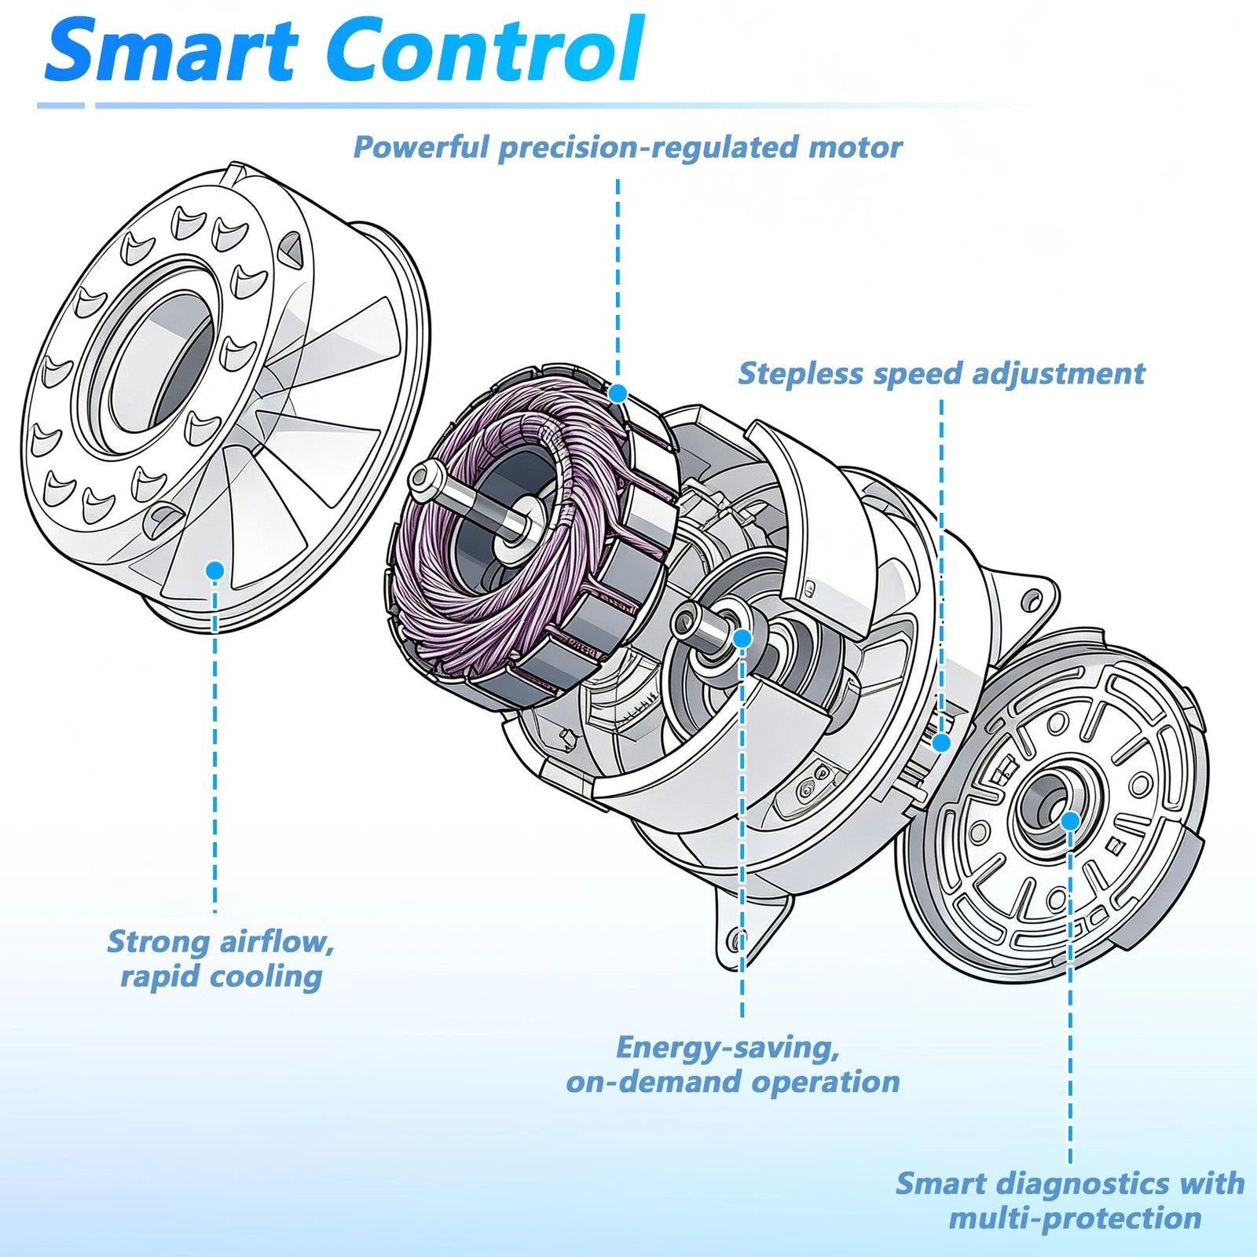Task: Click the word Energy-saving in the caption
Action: [727, 1048]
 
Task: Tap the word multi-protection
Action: [1075, 1219]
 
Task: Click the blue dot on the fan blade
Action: [215, 570]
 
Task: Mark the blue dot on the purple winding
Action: [618, 393]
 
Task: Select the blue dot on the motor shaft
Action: [742, 638]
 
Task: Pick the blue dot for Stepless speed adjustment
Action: [941, 742]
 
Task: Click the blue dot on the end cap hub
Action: [1070, 821]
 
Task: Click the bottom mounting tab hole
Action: [738, 939]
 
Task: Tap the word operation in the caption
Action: [826, 1083]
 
